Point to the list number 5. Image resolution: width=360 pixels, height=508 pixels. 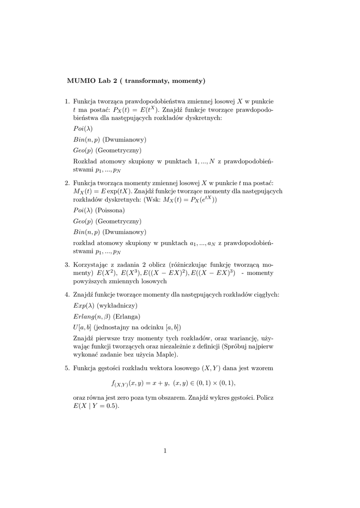point(67,368)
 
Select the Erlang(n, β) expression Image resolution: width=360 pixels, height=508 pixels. point(92,317)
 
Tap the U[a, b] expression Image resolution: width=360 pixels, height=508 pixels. point(82,327)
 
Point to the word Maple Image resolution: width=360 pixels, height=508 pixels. point(167,355)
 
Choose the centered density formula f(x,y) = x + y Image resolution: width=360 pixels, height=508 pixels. point(173,383)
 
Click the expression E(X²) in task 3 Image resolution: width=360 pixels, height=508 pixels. point(108,273)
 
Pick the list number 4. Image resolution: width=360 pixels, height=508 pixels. point(67,295)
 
